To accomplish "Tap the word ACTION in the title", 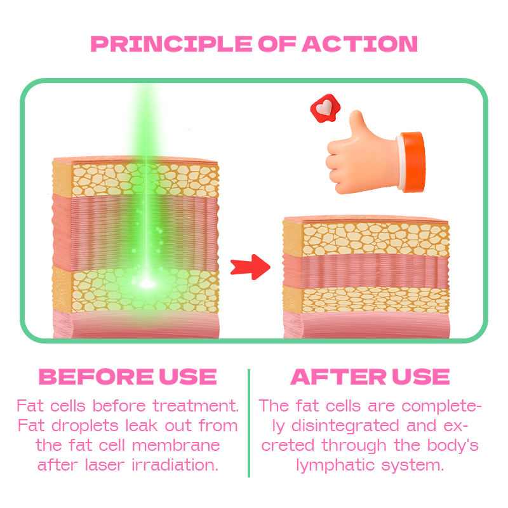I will click(x=360, y=44).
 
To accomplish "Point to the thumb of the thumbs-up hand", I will click(x=356, y=124).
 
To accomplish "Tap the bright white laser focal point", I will click(x=147, y=283).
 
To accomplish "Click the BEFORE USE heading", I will click(x=128, y=377).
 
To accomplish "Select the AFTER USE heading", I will click(x=370, y=377).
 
